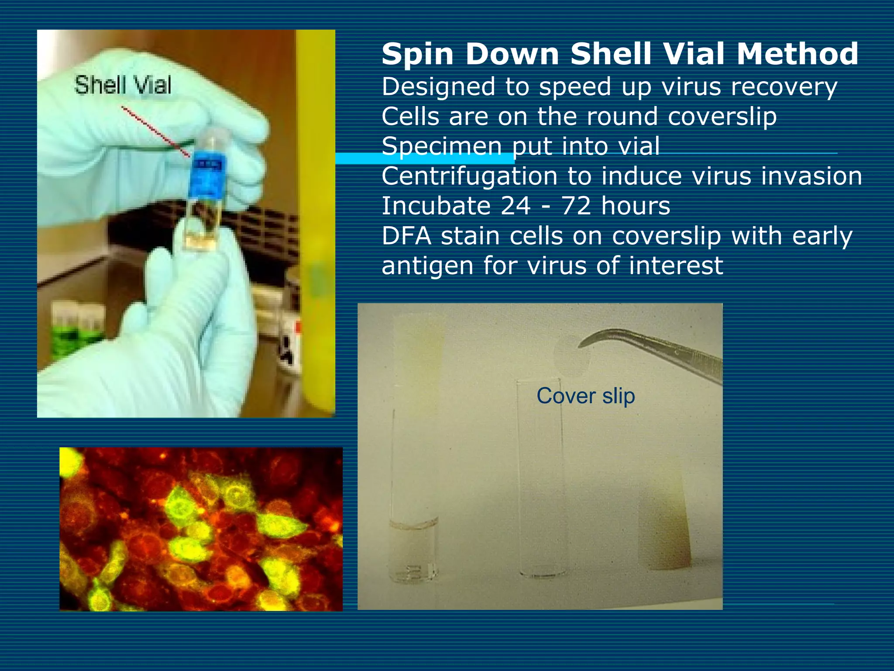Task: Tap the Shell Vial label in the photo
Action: pos(123,85)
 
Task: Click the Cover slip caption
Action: pos(585,396)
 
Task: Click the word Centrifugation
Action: pos(469,177)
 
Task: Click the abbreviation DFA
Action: pos(406,236)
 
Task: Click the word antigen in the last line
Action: pos(427,266)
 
